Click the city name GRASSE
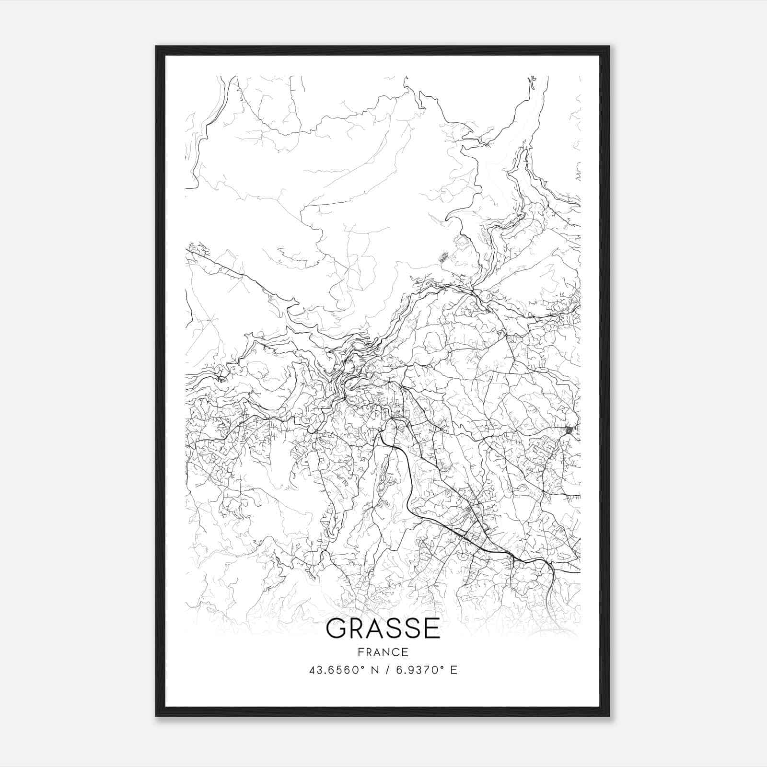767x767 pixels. coord(383,629)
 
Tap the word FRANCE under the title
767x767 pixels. coord(383,652)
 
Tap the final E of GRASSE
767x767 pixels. coord(431,629)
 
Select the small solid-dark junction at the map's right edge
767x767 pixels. coord(569,430)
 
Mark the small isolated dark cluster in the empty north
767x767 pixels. coord(444,256)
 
